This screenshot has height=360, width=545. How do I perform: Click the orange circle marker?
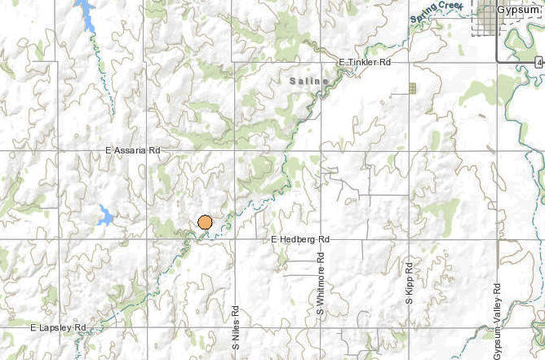pyautogui.click(x=205, y=222)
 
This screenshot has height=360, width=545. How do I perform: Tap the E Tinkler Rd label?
pyautogui.click(x=365, y=62)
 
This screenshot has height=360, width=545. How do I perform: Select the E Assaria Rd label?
pyautogui.click(x=134, y=151)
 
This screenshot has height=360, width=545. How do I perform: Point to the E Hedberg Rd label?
pyautogui.click(x=300, y=239)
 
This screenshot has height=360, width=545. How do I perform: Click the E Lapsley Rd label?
pyautogui.click(x=58, y=327)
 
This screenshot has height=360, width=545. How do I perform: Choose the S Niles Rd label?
pyautogui.click(x=235, y=329)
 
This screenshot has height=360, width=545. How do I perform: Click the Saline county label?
pyautogui.click(x=309, y=82)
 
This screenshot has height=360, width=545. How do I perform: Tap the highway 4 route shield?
pyautogui.click(x=540, y=62)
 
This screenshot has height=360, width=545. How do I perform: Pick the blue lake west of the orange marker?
pyautogui.click(x=105, y=216)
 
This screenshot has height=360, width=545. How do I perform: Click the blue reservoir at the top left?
pyautogui.click(x=85, y=15)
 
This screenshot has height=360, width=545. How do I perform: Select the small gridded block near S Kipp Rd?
pyautogui.click(x=412, y=88)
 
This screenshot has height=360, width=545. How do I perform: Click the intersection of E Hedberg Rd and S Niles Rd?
pyautogui.click(x=235, y=239)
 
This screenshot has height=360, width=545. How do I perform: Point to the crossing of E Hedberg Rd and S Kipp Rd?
pyautogui.click(x=409, y=239)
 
